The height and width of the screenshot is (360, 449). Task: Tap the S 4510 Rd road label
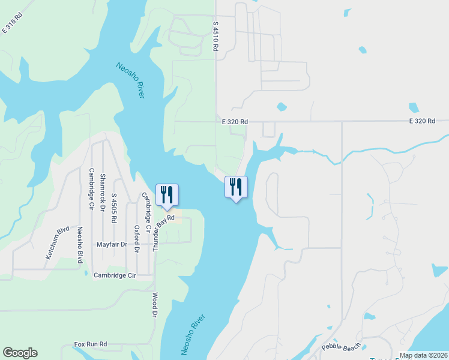(215, 37)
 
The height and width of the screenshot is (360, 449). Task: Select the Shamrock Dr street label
(103, 190)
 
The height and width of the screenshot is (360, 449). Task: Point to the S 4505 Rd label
(114, 208)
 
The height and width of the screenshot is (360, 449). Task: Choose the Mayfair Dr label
(112, 245)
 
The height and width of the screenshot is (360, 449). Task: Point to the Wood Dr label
(154, 305)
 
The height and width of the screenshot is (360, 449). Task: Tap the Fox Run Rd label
(90, 344)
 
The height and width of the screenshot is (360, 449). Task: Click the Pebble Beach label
(342, 346)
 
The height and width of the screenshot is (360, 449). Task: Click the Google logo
(20, 353)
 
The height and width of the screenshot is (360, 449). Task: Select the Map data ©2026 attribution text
(423, 355)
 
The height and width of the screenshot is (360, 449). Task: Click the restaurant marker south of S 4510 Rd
(235, 187)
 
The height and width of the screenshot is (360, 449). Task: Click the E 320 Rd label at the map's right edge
(422, 121)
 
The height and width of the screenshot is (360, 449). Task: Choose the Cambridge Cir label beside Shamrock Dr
(92, 187)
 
